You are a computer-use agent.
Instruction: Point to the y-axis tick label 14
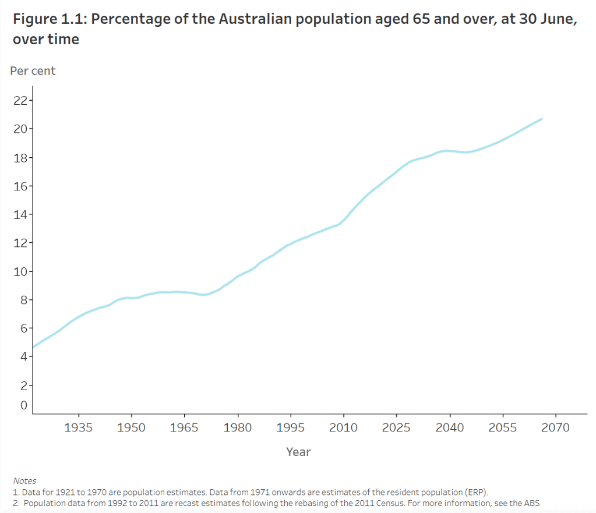tap(20, 214)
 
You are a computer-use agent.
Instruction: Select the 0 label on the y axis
tap(24, 405)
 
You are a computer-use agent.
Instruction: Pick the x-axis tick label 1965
tap(185, 428)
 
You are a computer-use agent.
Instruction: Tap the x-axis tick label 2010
tap(343, 428)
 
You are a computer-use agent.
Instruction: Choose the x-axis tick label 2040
tap(450, 428)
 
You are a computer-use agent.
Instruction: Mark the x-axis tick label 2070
tap(555, 428)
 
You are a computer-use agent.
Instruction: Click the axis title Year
tap(298, 452)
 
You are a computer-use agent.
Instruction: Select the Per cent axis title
tap(33, 71)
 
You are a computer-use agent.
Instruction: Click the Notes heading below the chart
tap(24, 481)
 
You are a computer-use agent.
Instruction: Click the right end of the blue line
tap(542, 119)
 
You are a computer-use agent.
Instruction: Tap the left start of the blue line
tap(33, 348)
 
